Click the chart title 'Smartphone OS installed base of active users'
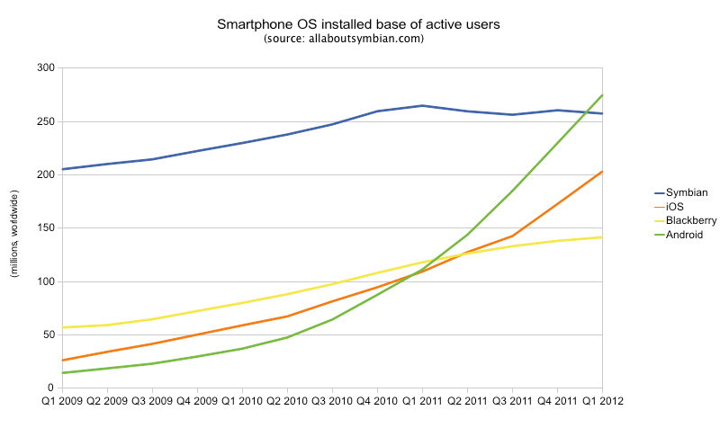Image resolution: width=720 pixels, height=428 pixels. coord(359,23)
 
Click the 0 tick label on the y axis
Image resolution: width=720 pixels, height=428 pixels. coord(51,388)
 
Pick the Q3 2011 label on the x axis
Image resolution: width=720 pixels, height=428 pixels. coord(512,401)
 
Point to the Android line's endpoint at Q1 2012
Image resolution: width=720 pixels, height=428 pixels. coord(602,94)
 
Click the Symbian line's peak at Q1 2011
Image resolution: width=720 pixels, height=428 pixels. coord(422,105)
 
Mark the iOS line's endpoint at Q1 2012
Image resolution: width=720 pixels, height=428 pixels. coord(602,171)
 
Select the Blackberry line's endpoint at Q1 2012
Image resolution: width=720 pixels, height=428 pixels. coord(602,237)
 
